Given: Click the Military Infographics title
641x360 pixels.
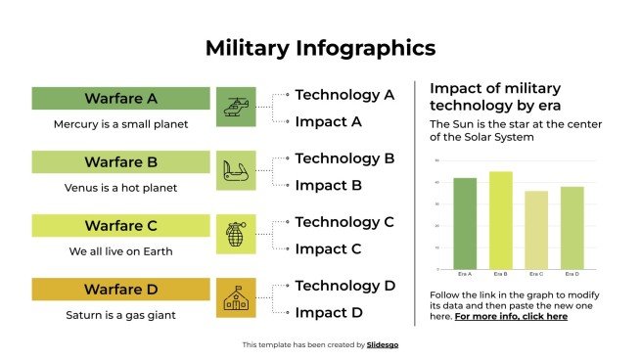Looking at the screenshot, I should [x=320, y=48].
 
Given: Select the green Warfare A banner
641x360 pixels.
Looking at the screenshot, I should [x=120, y=99].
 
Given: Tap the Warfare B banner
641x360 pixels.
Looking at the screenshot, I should [x=120, y=162].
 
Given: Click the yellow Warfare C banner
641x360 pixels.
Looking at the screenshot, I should [x=120, y=226].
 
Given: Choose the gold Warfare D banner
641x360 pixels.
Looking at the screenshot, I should [x=120, y=290].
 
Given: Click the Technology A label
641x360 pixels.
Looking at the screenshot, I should [x=344, y=95].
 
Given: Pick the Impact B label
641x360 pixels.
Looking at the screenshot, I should [x=329, y=185].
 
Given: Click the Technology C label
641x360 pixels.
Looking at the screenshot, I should [x=344, y=222].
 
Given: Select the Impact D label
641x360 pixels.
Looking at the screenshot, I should [x=329, y=312].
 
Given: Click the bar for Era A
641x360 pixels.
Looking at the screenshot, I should [x=465, y=223].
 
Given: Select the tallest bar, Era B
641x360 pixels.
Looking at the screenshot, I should [x=500, y=220].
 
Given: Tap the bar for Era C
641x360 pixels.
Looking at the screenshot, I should [x=536, y=230].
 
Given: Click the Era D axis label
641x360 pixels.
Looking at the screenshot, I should [x=572, y=274].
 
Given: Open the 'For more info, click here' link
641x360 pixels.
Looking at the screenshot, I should [x=511, y=316].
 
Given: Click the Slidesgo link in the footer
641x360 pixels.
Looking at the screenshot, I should [x=383, y=344].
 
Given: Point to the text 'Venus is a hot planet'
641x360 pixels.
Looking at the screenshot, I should [x=120, y=188].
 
